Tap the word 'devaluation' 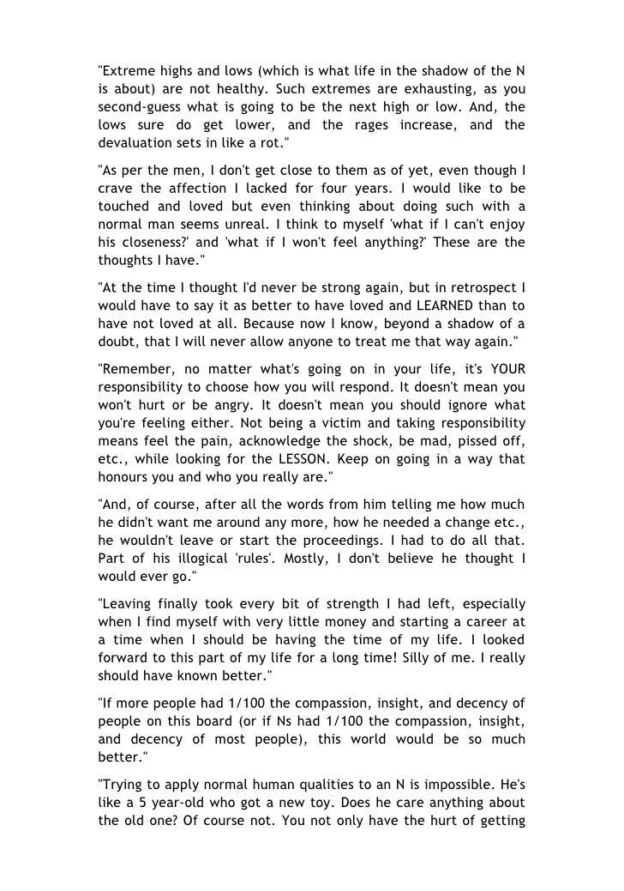click(129, 143)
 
